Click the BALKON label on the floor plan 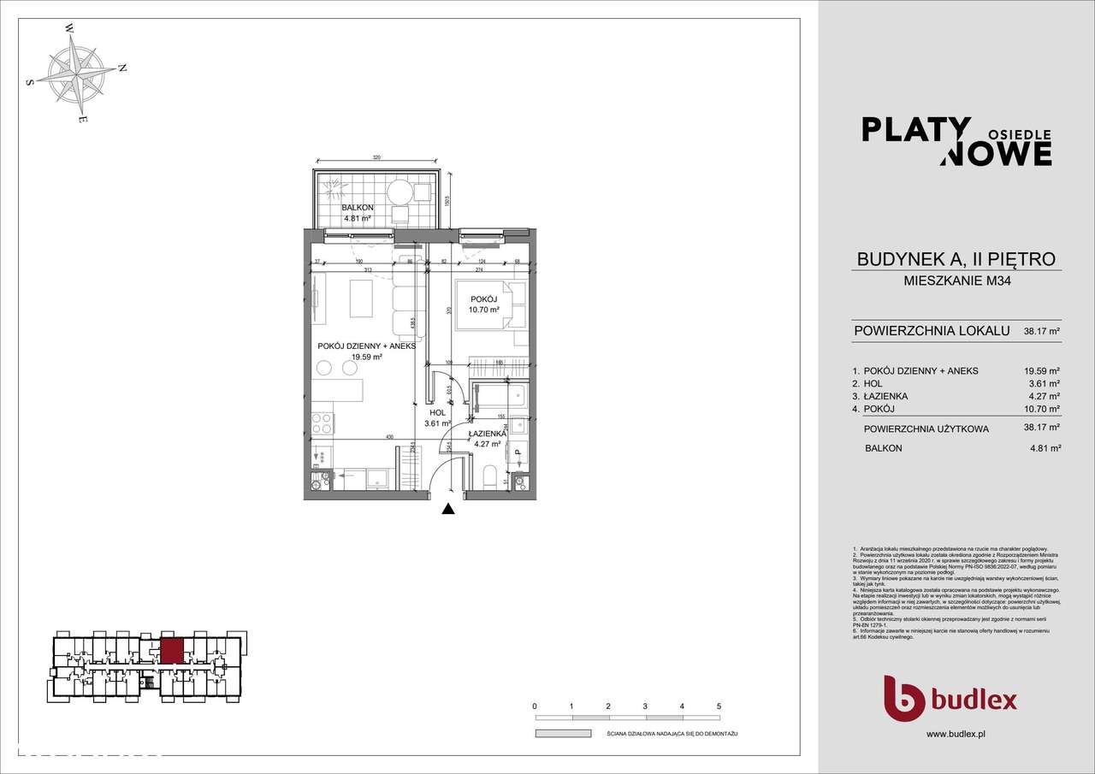click(x=357, y=208)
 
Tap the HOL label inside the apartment click(x=437, y=412)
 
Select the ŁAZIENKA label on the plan click(x=487, y=434)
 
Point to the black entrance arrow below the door click(x=447, y=511)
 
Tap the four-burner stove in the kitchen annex click(x=323, y=422)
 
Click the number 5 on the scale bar click(x=719, y=706)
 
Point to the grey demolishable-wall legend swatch click(x=563, y=734)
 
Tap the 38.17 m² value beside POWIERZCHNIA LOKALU click(x=1043, y=331)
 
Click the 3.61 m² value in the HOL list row click(x=1043, y=384)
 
